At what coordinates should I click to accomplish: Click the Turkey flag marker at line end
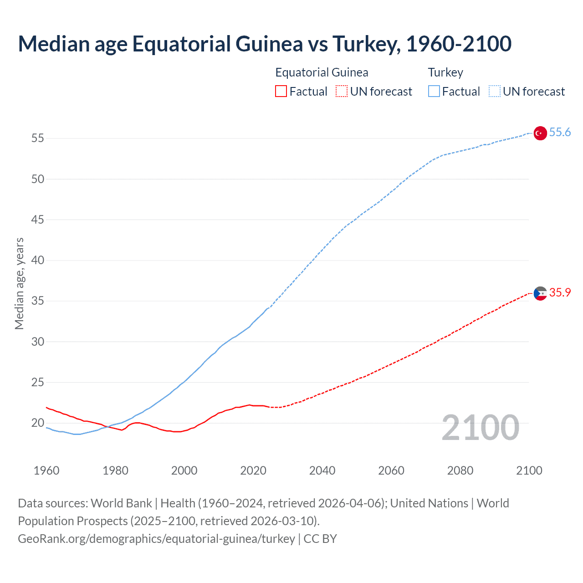pos(540,133)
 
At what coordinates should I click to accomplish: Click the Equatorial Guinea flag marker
pos(540,293)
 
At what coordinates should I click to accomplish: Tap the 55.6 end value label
pos(560,133)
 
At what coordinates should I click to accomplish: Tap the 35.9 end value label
pos(560,293)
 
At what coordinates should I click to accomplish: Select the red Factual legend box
pos(281,92)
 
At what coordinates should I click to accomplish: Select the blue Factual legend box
pos(434,92)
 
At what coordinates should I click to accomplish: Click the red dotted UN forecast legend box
pos(341,92)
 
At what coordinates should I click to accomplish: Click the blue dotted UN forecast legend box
pos(494,92)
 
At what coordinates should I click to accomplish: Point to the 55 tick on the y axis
pos(38,138)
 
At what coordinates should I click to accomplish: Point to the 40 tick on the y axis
pos(38,261)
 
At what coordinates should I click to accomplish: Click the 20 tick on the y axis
pos(38,423)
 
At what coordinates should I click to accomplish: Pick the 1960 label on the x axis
pos(46,470)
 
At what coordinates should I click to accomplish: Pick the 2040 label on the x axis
pos(322,470)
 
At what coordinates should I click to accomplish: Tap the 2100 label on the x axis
pos(529,470)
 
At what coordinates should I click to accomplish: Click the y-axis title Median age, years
pos(19,283)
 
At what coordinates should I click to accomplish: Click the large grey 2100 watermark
pos(480,428)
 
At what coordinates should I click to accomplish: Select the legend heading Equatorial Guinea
pos(322,72)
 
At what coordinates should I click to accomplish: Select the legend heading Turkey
pos(445,72)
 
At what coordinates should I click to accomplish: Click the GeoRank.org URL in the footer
pos(156,539)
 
